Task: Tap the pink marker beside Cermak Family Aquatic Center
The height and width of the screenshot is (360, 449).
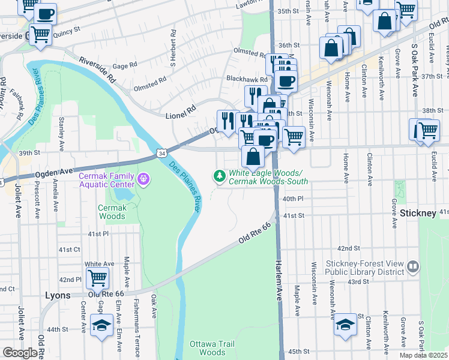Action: [143, 179]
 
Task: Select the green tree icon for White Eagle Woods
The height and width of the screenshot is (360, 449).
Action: [220, 175]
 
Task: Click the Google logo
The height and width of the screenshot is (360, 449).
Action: [19, 353]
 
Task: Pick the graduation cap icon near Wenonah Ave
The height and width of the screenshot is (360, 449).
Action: [345, 325]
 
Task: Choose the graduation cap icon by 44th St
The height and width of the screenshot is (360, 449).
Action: [101, 326]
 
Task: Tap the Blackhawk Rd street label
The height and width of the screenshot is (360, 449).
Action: [246, 79]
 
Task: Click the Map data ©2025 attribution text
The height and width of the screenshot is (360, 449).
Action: [423, 355]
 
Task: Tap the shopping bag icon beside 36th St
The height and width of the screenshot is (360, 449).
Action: [331, 47]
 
